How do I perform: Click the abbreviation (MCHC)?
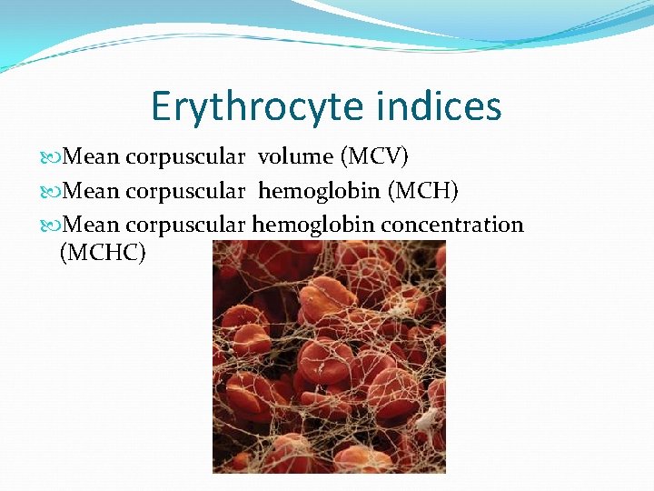[x=102, y=252]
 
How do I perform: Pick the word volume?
[x=295, y=156]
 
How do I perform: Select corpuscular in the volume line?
[x=185, y=156]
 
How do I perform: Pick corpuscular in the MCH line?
[x=185, y=190]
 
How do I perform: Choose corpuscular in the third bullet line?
[x=185, y=224]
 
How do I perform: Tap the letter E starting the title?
[x=162, y=106]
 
